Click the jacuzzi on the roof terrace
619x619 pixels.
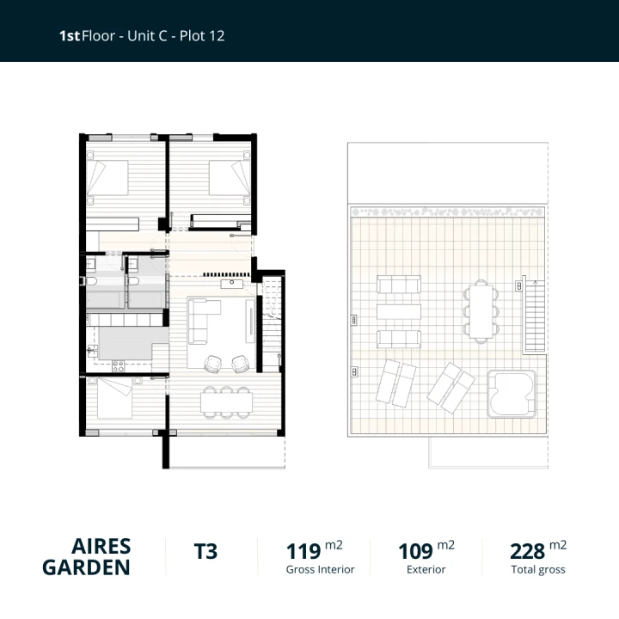click(x=512, y=391)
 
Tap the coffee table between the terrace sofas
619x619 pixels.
click(x=399, y=310)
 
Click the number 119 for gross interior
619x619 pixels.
click(x=303, y=551)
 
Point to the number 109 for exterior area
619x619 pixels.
click(x=415, y=551)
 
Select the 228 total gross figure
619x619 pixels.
click(x=527, y=551)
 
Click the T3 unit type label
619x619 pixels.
click(x=206, y=551)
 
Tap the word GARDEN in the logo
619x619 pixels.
click(x=86, y=567)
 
